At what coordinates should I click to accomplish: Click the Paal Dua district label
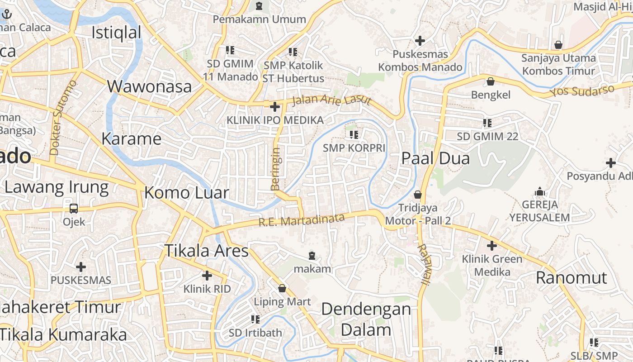[436, 158]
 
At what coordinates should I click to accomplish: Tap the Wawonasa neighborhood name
[149, 86]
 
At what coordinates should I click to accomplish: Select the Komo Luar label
[187, 193]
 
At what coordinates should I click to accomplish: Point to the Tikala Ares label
[206, 250]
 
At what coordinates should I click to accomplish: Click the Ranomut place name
[572, 277]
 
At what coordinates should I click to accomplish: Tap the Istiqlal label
[116, 33]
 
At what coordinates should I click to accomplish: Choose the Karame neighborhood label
[131, 138]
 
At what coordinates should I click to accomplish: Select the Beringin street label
[275, 168]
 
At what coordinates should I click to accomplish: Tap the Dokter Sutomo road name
[63, 118]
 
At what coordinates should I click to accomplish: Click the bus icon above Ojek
[74, 209]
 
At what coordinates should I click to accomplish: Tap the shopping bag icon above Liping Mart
[282, 288]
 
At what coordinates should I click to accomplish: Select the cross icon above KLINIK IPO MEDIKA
[274, 107]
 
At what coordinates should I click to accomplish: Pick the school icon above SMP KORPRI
[354, 134]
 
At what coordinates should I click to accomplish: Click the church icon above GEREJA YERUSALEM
[539, 192]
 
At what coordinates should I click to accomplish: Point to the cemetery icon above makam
[312, 256]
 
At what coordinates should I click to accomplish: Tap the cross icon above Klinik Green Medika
[492, 246]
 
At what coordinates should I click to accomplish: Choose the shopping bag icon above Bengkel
[491, 81]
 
